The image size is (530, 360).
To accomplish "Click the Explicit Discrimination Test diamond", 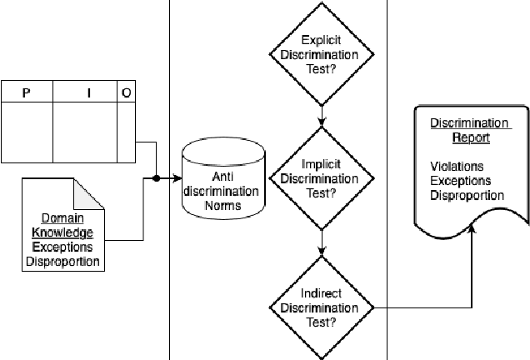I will [321, 55].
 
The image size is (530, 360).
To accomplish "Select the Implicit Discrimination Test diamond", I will [321, 178].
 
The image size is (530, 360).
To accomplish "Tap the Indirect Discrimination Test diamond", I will [321, 307].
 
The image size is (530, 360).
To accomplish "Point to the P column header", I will [27, 93].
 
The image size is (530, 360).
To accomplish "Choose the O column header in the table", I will [126, 93].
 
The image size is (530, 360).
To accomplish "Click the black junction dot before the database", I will [156, 178].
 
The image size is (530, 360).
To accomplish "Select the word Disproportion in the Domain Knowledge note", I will [62, 262].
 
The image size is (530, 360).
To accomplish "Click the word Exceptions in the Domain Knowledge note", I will [62, 247].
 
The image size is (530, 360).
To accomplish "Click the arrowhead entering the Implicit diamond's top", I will [321, 123].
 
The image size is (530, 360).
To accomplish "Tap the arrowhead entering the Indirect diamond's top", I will [321, 252].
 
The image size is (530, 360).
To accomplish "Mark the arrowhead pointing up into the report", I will [472, 227].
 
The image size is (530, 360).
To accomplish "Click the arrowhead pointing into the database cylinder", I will [177, 178].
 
